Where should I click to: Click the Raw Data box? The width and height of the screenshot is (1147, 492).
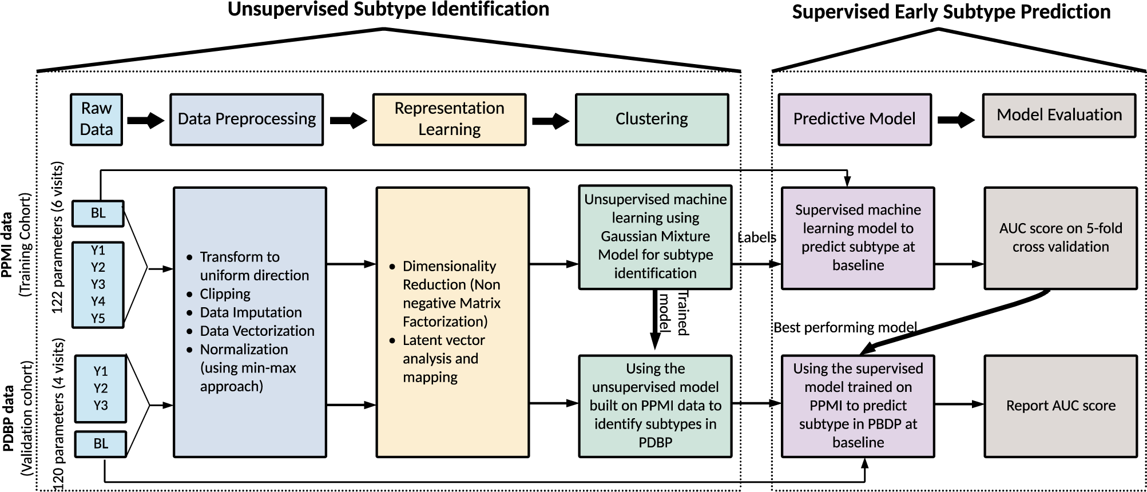[x=96, y=119]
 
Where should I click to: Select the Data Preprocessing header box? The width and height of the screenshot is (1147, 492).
[x=247, y=119]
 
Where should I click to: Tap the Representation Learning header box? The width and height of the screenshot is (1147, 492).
[x=449, y=119]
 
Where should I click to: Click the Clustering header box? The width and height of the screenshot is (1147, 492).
[x=652, y=119]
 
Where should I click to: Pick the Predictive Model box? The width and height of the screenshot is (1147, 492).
[x=854, y=119]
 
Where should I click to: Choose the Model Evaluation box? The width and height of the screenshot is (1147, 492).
[x=1059, y=116]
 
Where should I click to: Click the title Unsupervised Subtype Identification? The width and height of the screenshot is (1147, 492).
[x=388, y=10]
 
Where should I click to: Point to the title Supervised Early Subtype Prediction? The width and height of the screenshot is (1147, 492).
[x=951, y=12]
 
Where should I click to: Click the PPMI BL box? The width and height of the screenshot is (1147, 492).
[x=98, y=213]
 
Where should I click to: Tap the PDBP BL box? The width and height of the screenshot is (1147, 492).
[x=101, y=443]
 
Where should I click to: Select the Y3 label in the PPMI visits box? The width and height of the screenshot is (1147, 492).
[x=98, y=284]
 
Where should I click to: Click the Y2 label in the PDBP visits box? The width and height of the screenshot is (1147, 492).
[x=101, y=388]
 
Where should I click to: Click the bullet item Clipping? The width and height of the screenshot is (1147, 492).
[x=225, y=294]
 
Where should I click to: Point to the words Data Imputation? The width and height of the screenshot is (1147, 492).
[x=251, y=312]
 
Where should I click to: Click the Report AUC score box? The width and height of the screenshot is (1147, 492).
[x=1060, y=406]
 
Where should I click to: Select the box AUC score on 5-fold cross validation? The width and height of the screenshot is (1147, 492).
[x=1060, y=237]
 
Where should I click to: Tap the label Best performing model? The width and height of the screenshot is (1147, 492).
[x=844, y=327]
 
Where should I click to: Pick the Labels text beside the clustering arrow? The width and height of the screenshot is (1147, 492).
[x=756, y=237]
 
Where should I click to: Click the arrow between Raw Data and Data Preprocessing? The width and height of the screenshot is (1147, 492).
[x=145, y=120]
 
